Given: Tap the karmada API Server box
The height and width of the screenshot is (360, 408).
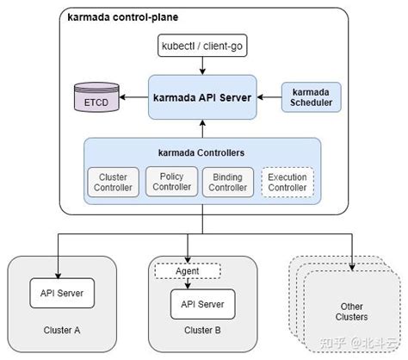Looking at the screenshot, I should pos(202,97).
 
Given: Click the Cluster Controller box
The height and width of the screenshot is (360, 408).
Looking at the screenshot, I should pos(114,182).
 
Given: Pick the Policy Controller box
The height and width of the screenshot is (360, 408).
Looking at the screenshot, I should pos(171,182).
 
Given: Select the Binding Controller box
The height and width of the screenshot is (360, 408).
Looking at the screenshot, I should pos(228,182).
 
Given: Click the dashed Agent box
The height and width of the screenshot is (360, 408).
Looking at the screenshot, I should pos(188,270).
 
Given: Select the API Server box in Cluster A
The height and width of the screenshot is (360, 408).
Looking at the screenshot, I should pos(62,292).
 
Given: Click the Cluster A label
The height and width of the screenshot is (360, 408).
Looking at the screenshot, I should pos(62,329).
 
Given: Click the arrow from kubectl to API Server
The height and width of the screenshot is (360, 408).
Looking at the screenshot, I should pos(202,65).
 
